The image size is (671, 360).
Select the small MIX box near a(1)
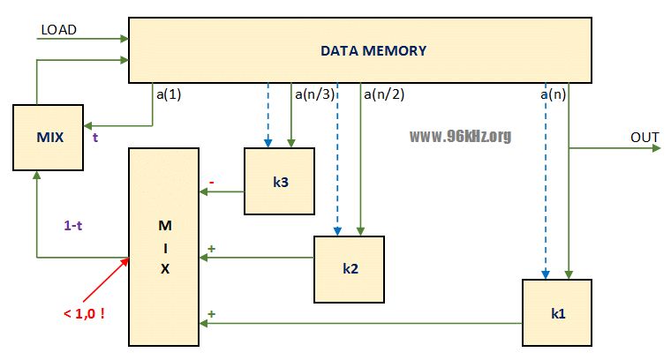point(49,137)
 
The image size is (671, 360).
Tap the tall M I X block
point(164,247)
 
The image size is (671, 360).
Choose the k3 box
point(279,181)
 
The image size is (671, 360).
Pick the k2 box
point(349,268)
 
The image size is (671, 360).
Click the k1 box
point(557,312)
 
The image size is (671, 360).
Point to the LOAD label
point(59,30)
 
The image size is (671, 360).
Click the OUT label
point(645,138)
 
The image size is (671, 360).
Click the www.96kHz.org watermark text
point(460,137)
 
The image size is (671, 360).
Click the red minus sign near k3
point(211,183)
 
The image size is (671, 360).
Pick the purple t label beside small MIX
point(95,138)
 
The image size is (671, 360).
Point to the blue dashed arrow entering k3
point(267,115)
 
